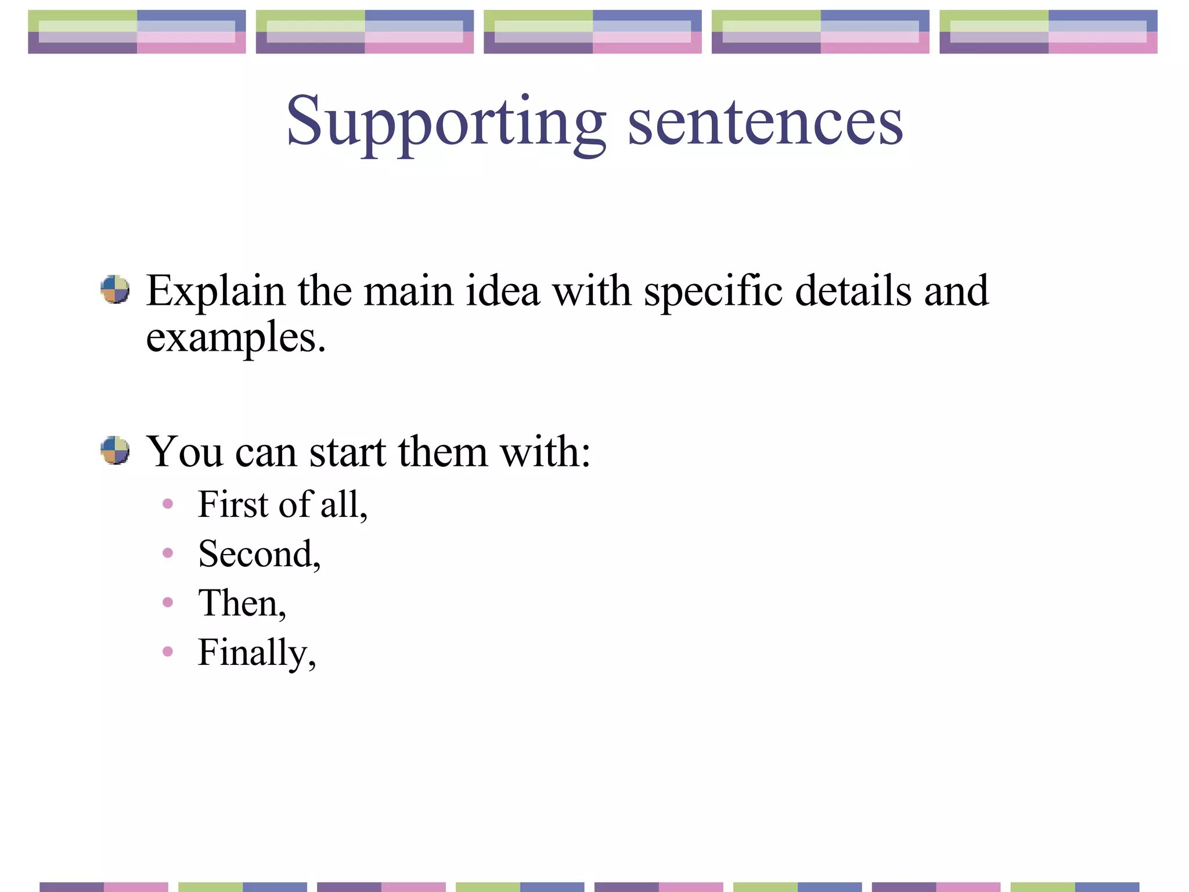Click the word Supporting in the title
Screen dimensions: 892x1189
click(x=446, y=122)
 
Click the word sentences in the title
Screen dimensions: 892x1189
click(x=765, y=122)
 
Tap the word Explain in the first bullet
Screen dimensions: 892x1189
click(x=215, y=290)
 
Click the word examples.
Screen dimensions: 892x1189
click(x=235, y=338)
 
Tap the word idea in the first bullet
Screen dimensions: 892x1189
click(x=502, y=290)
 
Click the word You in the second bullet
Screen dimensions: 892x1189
click(x=184, y=451)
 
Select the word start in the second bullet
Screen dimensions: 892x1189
click(x=347, y=451)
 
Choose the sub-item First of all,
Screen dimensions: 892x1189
click(x=282, y=504)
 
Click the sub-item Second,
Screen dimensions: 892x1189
click(x=259, y=553)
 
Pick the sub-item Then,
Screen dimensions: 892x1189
click(x=242, y=603)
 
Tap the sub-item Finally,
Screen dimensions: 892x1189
click(x=257, y=653)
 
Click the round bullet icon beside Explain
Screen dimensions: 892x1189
click(x=115, y=289)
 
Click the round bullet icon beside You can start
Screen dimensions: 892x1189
click(x=115, y=450)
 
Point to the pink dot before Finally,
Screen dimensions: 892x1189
click(x=168, y=652)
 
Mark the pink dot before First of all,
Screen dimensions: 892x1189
click(x=168, y=503)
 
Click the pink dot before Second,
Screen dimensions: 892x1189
click(x=168, y=553)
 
